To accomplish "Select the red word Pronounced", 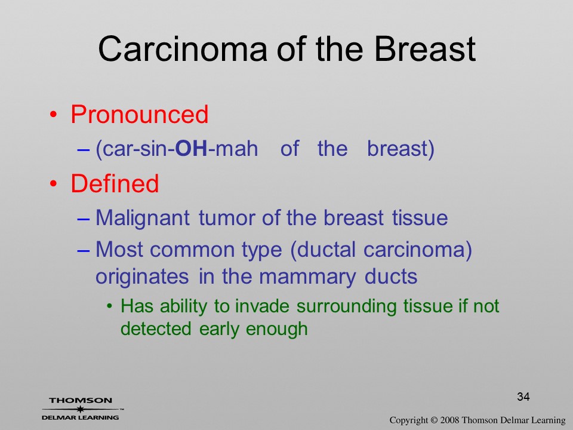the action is point(140,115).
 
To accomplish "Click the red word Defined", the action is point(115,183).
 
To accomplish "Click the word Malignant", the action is point(143,219).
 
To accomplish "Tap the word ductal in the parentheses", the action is point(323,250).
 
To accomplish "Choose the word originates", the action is point(142,277).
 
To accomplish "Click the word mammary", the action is point(307,277).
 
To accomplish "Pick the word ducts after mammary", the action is point(390,277).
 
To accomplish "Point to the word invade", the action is point(262,306).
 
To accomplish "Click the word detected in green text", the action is point(156,328).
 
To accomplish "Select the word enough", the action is point(276,329).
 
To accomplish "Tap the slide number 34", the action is point(523,397).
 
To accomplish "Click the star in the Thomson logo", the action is point(81,408).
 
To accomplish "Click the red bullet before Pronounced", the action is point(54,115).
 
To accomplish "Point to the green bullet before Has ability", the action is point(109,307).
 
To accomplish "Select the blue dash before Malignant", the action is point(84,219).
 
